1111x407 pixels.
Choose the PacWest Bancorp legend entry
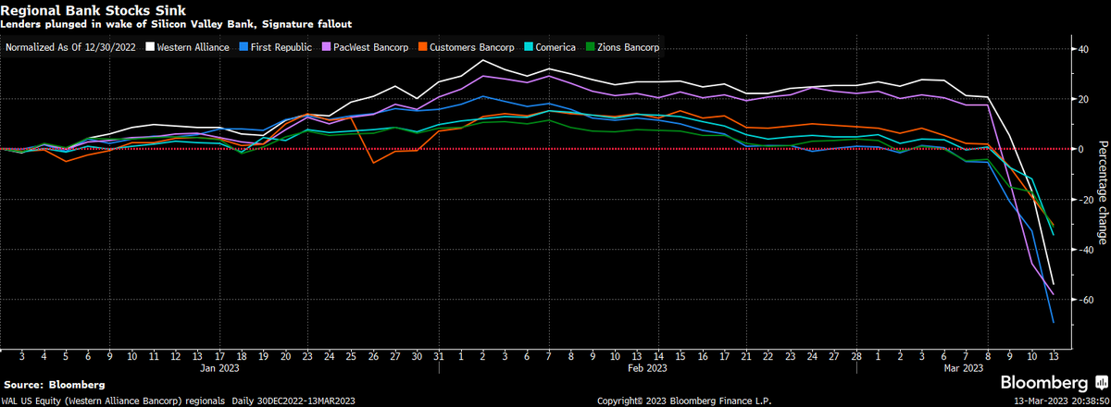click(368, 45)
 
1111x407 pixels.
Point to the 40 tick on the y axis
click(1080, 48)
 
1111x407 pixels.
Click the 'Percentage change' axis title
click(1102, 192)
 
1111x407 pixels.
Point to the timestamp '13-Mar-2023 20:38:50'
click(1052, 401)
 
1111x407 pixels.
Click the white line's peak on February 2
click(482, 61)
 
